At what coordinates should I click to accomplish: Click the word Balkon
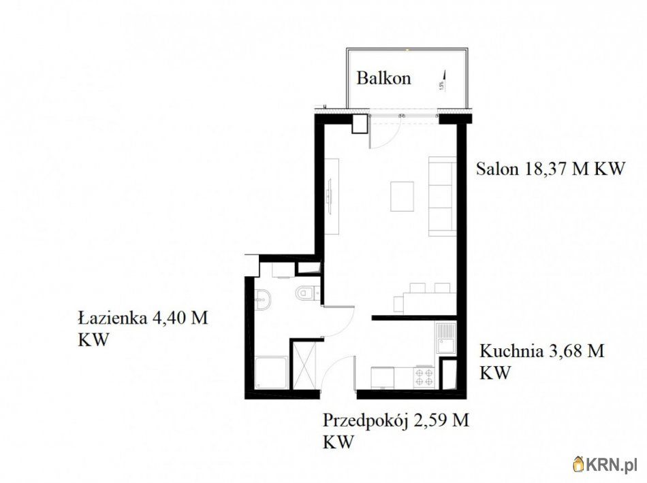click(x=383, y=78)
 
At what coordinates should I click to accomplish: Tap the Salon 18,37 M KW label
click(x=550, y=169)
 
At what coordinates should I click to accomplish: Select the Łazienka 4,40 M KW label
click(x=143, y=329)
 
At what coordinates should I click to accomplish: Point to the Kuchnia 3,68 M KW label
click(x=541, y=362)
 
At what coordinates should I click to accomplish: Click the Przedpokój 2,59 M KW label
click(x=396, y=431)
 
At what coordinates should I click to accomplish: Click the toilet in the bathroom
click(x=306, y=293)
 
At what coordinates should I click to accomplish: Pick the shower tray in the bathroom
click(x=271, y=373)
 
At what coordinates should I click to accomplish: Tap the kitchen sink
click(x=445, y=337)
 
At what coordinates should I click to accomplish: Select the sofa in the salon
click(x=442, y=197)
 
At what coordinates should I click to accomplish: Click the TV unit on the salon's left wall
click(x=332, y=197)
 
